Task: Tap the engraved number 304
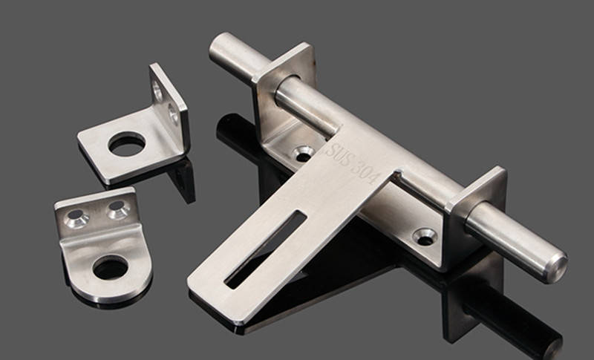(x=365, y=172)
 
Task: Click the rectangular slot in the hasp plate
(x=265, y=249)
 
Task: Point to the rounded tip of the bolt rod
(x=556, y=269)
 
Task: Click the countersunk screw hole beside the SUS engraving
(x=303, y=154)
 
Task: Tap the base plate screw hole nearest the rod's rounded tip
(x=425, y=237)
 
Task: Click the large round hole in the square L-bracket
(x=127, y=144)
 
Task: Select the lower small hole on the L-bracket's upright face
(x=173, y=114)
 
